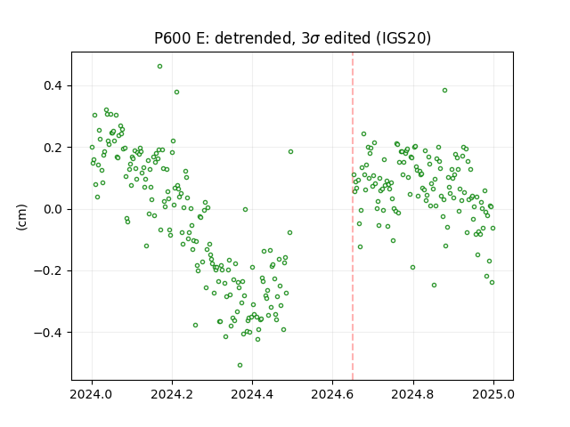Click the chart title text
(x=292, y=37)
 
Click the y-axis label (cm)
(x=21, y=217)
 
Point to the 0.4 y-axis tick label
(x=53, y=85)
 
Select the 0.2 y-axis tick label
(x=53, y=148)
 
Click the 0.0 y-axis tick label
(x=53, y=209)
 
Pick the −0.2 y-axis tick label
(x=49, y=270)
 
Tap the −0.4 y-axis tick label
(x=49, y=333)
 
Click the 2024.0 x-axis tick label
(x=92, y=394)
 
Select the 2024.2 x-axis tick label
(x=172, y=394)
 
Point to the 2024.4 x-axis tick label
(x=252, y=394)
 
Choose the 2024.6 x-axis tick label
(x=332, y=394)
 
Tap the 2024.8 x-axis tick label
(x=413, y=394)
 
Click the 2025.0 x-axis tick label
(x=493, y=394)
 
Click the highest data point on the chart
(x=159, y=67)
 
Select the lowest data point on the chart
(x=240, y=366)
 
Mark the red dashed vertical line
(x=353, y=216)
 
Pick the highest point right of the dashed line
(x=444, y=91)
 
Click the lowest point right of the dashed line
(x=434, y=286)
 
